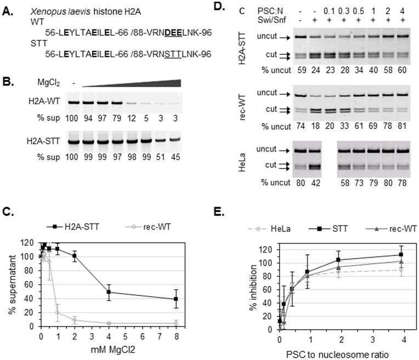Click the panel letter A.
(7, 6)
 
